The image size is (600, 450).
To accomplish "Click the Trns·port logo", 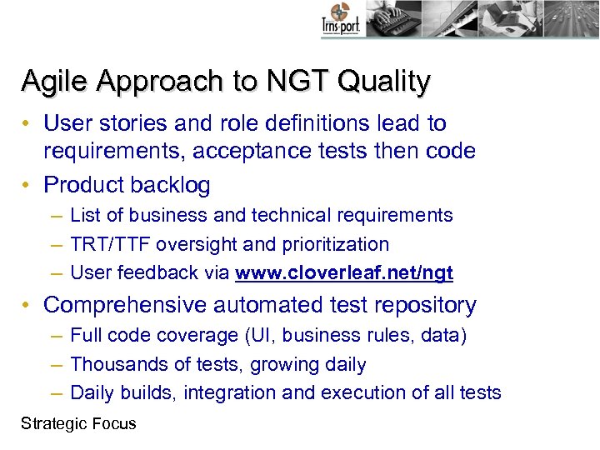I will tap(340, 21).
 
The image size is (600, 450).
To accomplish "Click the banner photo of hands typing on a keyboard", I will tap(392, 18).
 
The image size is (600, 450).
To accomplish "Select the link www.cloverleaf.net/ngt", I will tap(344, 272).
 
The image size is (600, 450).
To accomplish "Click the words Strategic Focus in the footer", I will tap(78, 423).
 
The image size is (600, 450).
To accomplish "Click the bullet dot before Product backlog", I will tap(27, 184).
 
